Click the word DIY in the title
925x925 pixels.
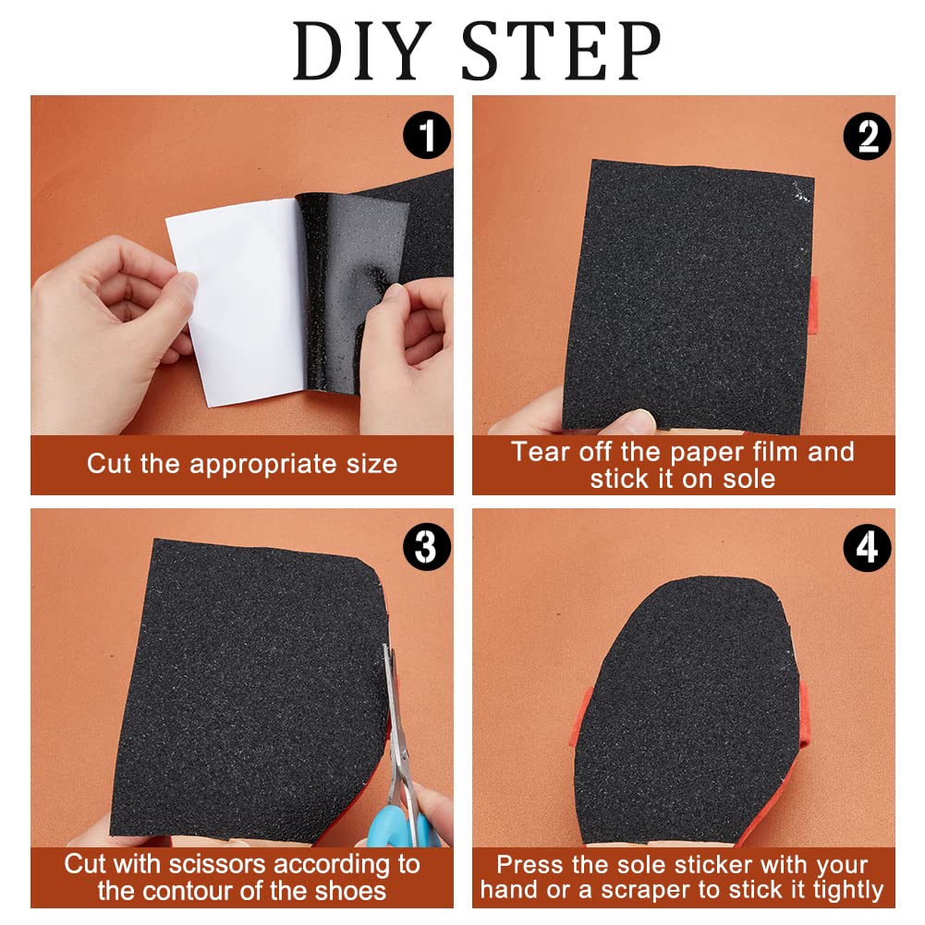pyautogui.click(x=362, y=51)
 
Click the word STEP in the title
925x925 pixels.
pyautogui.click(x=561, y=51)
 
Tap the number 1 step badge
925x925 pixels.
pyautogui.click(x=427, y=135)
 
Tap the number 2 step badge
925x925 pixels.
pyautogui.click(x=867, y=136)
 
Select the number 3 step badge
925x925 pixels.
pyautogui.click(x=427, y=547)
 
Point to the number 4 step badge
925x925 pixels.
pyautogui.click(x=867, y=548)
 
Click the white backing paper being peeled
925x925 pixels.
pyautogui.click(x=239, y=301)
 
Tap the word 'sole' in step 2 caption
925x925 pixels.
pyautogui.click(x=749, y=479)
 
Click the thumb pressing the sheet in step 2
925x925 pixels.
pyautogui.click(x=635, y=421)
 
